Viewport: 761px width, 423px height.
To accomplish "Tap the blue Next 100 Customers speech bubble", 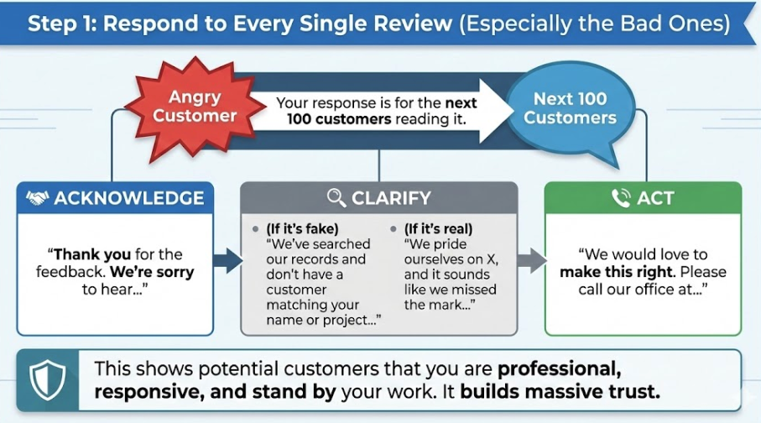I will pyautogui.click(x=570, y=108).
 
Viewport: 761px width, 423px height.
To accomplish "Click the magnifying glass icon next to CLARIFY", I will pyautogui.click(x=336, y=198).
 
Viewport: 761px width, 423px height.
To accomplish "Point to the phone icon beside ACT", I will pyautogui.click(x=621, y=198).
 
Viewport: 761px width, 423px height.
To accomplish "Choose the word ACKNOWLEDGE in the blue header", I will pyautogui.click(x=128, y=198).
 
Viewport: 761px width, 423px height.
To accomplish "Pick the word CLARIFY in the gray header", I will pyautogui.click(x=392, y=198).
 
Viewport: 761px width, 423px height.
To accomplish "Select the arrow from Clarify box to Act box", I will pyautogui.click(x=529, y=259).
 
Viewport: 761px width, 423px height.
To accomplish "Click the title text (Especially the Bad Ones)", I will pyautogui.click(x=594, y=23).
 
